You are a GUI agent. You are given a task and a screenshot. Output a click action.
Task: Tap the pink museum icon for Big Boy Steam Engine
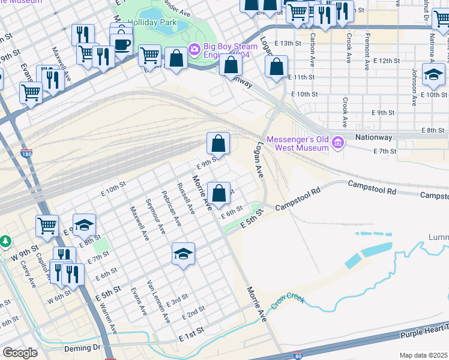click(x=194, y=49)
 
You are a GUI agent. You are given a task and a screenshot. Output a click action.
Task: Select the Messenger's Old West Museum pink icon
click(x=338, y=142)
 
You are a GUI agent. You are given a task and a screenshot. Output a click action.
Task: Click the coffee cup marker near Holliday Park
click(x=122, y=44)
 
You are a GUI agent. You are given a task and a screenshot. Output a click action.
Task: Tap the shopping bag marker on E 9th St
click(x=218, y=144)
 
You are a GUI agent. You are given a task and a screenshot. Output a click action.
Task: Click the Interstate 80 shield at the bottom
click(x=298, y=356)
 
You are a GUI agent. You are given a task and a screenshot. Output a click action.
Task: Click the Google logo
click(x=20, y=353)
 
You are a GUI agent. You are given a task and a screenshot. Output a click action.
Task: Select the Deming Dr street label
click(x=84, y=347)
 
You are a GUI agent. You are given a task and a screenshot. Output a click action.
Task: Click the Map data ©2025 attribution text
click(x=423, y=355)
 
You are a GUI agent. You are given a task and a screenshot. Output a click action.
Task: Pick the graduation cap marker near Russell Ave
click(x=184, y=254)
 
